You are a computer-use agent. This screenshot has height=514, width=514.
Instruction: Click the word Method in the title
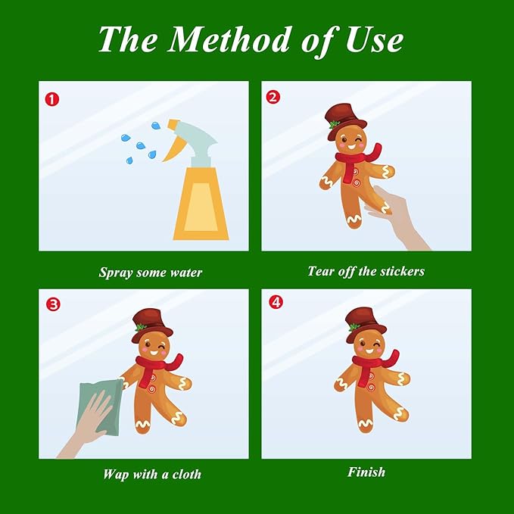(x=229, y=39)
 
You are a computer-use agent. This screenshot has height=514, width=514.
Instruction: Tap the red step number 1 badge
(x=51, y=99)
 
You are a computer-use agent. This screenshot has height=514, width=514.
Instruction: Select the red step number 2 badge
(x=273, y=97)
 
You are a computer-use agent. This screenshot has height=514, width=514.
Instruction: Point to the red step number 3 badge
(x=53, y=304)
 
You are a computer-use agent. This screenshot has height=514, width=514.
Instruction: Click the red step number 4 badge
(x=276, y=302)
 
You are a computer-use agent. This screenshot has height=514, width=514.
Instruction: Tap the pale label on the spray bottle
(x=201, y=207)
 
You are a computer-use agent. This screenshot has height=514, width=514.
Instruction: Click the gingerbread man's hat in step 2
(x=345, y=120)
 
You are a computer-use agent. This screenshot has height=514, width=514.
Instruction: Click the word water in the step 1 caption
(x=186, y=273)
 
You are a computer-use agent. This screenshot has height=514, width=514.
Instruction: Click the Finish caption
(x=366, y=472)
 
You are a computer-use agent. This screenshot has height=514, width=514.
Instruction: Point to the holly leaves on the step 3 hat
(x=141, y=326)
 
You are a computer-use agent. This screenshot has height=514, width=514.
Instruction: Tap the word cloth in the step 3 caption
(x=186, y=474)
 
